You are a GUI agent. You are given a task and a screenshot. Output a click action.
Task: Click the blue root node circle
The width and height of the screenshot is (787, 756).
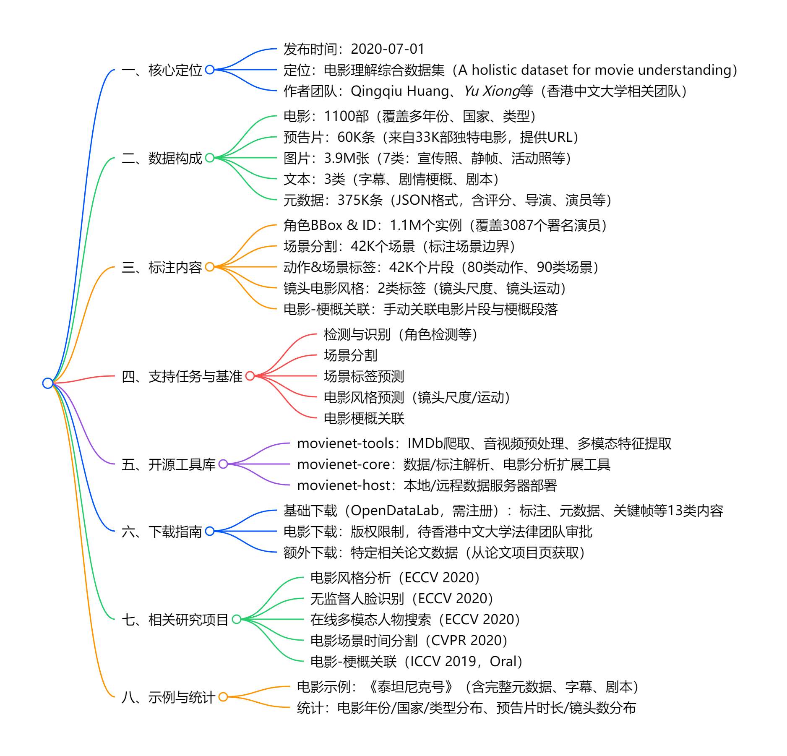[48, 383]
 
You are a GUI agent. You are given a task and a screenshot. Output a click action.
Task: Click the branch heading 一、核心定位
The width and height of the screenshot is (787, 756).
[162, 70]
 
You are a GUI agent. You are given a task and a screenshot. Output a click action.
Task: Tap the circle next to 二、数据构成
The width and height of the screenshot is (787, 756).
[210, 158]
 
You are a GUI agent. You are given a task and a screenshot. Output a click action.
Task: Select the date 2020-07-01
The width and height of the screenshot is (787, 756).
[387, 49]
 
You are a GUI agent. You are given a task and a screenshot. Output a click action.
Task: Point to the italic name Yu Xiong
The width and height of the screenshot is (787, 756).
[492, 91]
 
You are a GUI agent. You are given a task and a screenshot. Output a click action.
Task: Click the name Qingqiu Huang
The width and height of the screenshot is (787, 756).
[399, 91]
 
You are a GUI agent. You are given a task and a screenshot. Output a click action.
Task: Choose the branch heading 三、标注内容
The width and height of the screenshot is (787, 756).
[162, 267]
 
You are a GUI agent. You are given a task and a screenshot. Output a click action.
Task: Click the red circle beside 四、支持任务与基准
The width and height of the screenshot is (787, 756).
[250, 376]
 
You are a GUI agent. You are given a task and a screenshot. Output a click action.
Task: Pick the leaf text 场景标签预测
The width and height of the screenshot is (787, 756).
[364, 376]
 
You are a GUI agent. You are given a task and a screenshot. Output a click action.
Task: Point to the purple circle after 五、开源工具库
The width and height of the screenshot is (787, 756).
[223, 464]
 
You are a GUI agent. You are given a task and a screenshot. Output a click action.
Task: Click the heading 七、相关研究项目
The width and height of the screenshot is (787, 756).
[175, 620]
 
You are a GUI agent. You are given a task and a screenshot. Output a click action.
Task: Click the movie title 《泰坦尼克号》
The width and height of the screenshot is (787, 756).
[411, 687]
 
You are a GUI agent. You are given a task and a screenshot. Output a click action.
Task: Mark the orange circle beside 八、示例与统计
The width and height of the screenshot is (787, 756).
[223, 697]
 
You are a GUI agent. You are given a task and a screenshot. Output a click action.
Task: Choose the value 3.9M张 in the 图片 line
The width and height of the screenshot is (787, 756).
[347, 158]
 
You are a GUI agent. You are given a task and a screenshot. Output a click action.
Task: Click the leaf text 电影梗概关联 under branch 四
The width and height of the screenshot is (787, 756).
[364, 418]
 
